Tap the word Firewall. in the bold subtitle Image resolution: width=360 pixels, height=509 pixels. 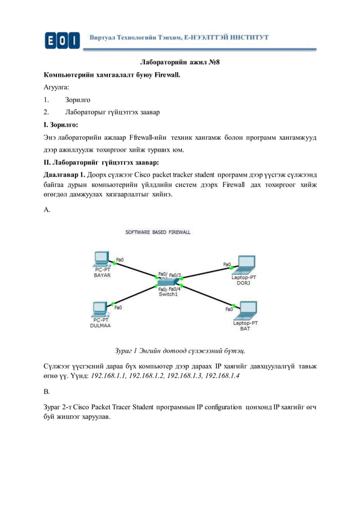[168, 75]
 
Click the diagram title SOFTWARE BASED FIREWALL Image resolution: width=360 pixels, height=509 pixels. [157, 232]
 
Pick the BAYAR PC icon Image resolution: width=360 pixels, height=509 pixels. [102, 259]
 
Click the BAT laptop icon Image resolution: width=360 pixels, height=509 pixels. [246, 310]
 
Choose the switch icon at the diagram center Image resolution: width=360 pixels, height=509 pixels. [168, 282]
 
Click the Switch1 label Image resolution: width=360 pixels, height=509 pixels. [168, 294]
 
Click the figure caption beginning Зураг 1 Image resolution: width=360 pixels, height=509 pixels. [180, 349]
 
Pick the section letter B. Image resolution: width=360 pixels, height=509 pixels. [47, 390]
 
